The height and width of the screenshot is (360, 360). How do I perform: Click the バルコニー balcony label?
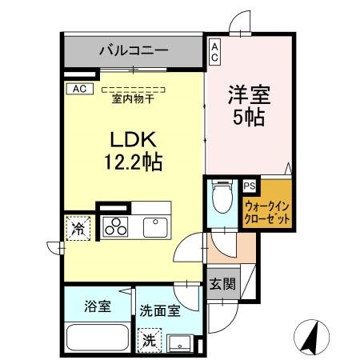point(134,50)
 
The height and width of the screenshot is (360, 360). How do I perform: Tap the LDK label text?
point(132,138)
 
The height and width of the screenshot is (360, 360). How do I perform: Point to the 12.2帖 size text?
point(132,163)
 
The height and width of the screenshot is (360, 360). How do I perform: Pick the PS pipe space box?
point(249,186)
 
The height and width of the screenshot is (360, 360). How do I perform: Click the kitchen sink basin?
point(156,226)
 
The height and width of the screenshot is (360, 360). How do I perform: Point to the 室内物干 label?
point(133,98)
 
